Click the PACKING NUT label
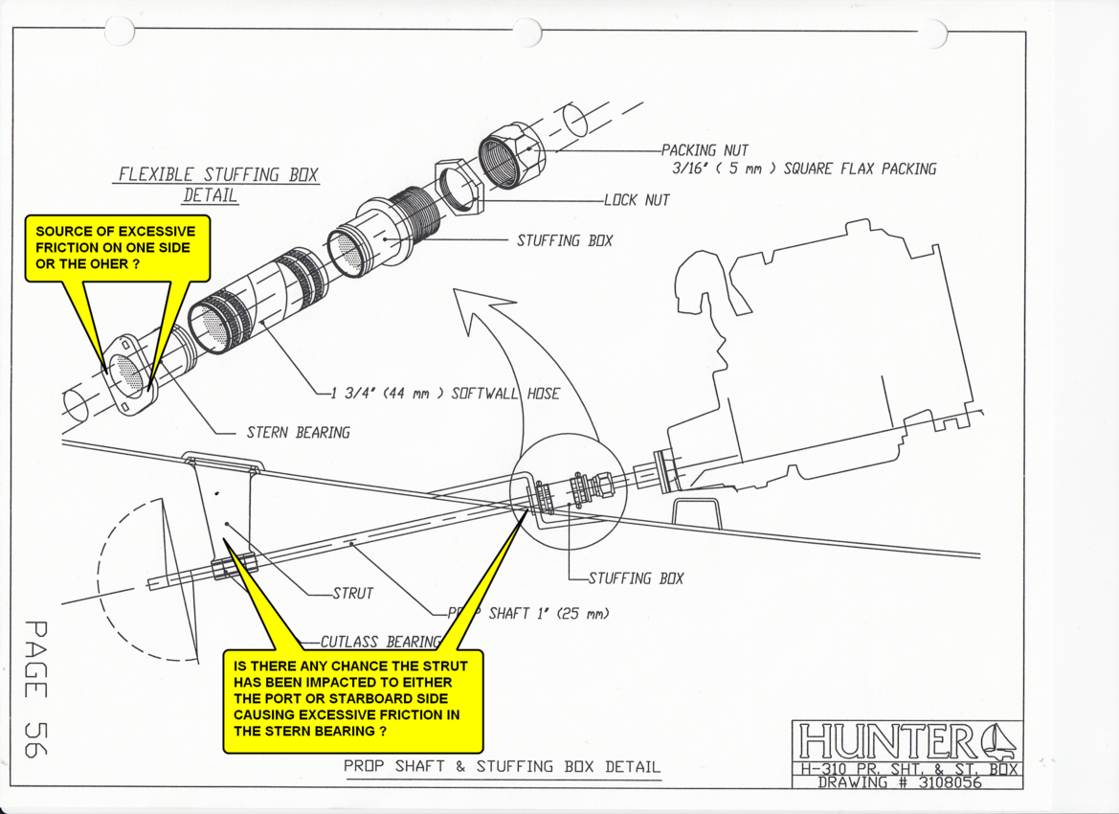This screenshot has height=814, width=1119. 705,150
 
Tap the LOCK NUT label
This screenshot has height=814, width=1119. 637,201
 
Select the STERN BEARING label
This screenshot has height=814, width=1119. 298,433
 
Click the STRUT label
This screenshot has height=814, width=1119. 352,594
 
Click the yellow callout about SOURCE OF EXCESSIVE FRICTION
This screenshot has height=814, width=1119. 115,247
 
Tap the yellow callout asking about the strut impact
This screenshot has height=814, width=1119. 352,699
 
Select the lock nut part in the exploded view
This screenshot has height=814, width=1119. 459,188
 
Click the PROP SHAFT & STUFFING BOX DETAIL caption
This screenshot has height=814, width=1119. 502,766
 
